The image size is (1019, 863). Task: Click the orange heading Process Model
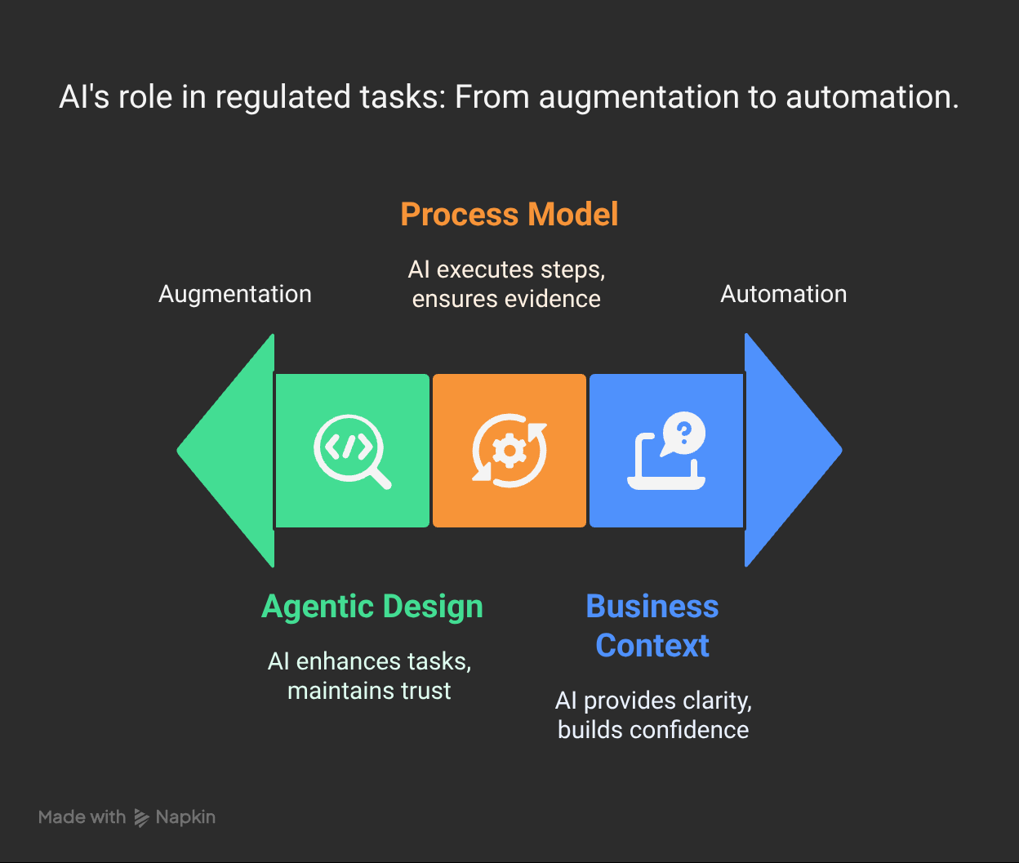509,215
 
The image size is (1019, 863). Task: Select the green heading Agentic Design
372,607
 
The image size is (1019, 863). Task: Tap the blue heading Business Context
652,625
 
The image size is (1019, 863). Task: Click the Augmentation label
235,294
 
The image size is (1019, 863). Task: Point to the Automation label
783,294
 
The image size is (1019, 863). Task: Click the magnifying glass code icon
352,451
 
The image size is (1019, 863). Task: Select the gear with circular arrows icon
509,451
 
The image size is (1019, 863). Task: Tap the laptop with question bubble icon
666,451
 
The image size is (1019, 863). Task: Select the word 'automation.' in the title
872,98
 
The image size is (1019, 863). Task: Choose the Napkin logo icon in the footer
141,817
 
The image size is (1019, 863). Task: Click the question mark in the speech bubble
685,430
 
